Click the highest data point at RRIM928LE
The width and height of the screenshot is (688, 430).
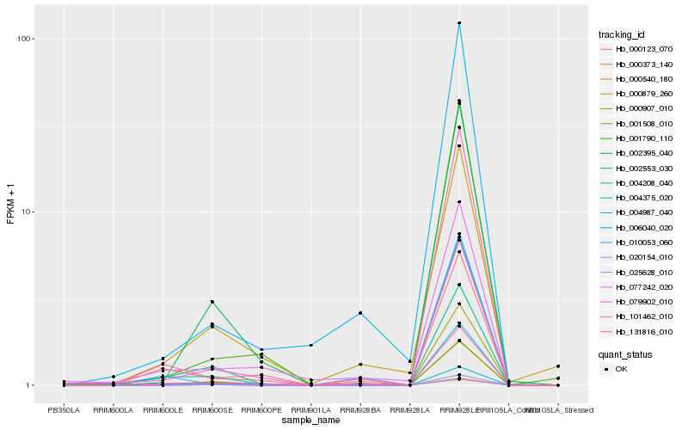tap(459, 23)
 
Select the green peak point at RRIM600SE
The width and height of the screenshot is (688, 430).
tap(212, 302)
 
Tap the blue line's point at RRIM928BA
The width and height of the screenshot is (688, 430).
tap(360, 313)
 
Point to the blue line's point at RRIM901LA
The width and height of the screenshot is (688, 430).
tap(310, 345)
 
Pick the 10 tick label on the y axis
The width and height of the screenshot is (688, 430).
tap(26, 212)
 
